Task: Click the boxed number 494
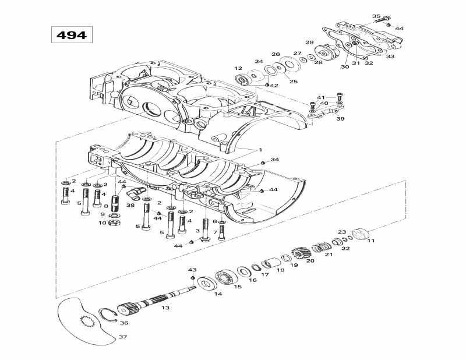click(70, 35)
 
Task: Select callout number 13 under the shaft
click(165, 308)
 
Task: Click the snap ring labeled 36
click(107, 315)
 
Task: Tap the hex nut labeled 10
click(115, 223)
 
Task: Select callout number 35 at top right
click(376, 16)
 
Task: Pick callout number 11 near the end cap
click(370, 241)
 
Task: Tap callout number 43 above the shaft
click(193, 270)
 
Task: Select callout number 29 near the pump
click(309, 43)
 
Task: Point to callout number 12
click(238, 68)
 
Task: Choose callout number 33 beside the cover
click(390, 57)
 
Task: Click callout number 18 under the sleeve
click(281, 270)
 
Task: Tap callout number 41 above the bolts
click(320, 97)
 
